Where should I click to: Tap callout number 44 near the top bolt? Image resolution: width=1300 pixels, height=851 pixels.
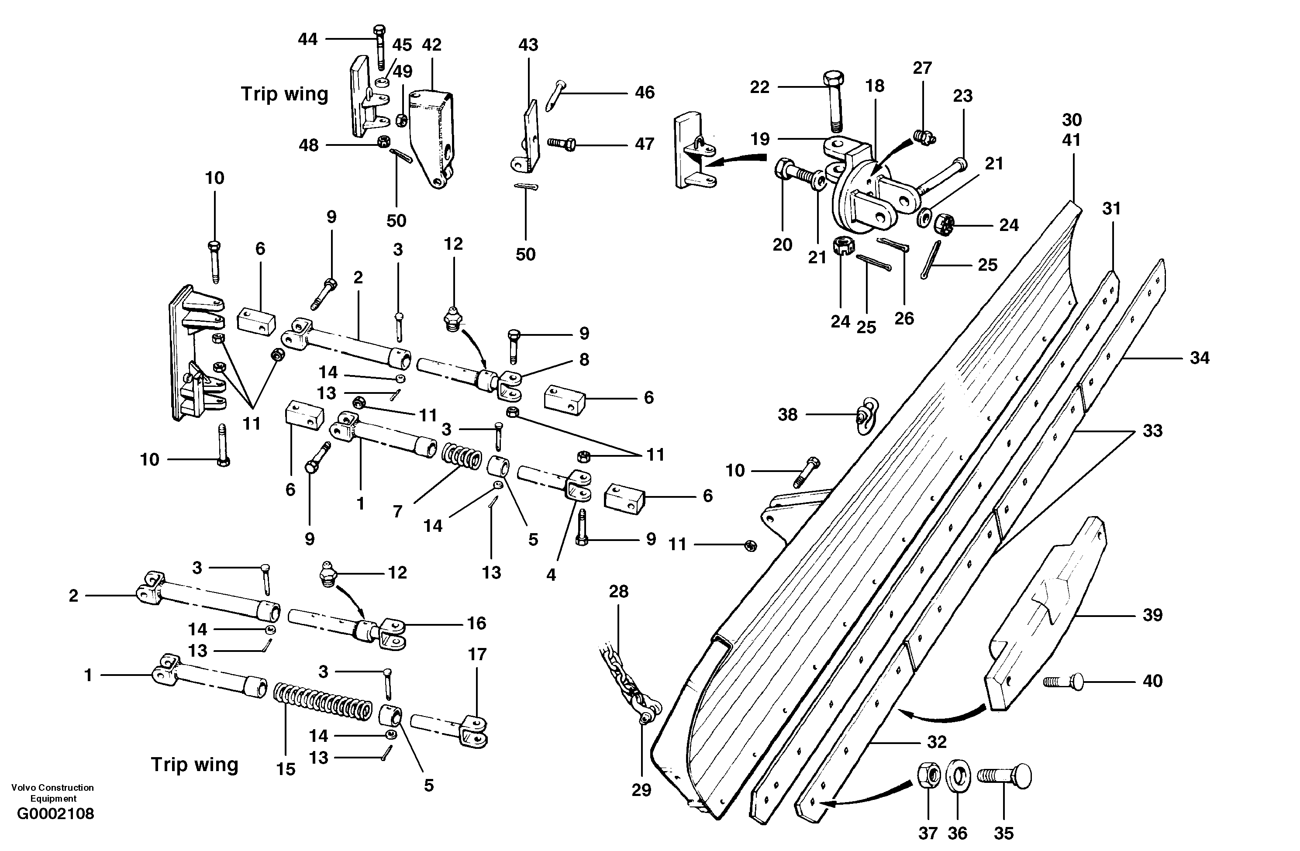coord(307,39)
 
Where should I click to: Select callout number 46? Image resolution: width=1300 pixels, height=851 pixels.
coord(645,92)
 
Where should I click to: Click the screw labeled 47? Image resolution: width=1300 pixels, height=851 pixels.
coord(562,144)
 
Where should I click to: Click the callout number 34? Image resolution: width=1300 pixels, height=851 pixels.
coord(1200,358)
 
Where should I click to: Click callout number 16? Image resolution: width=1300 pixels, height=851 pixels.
coord(476,623)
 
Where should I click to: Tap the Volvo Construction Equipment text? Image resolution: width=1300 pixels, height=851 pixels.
coord(52,792)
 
